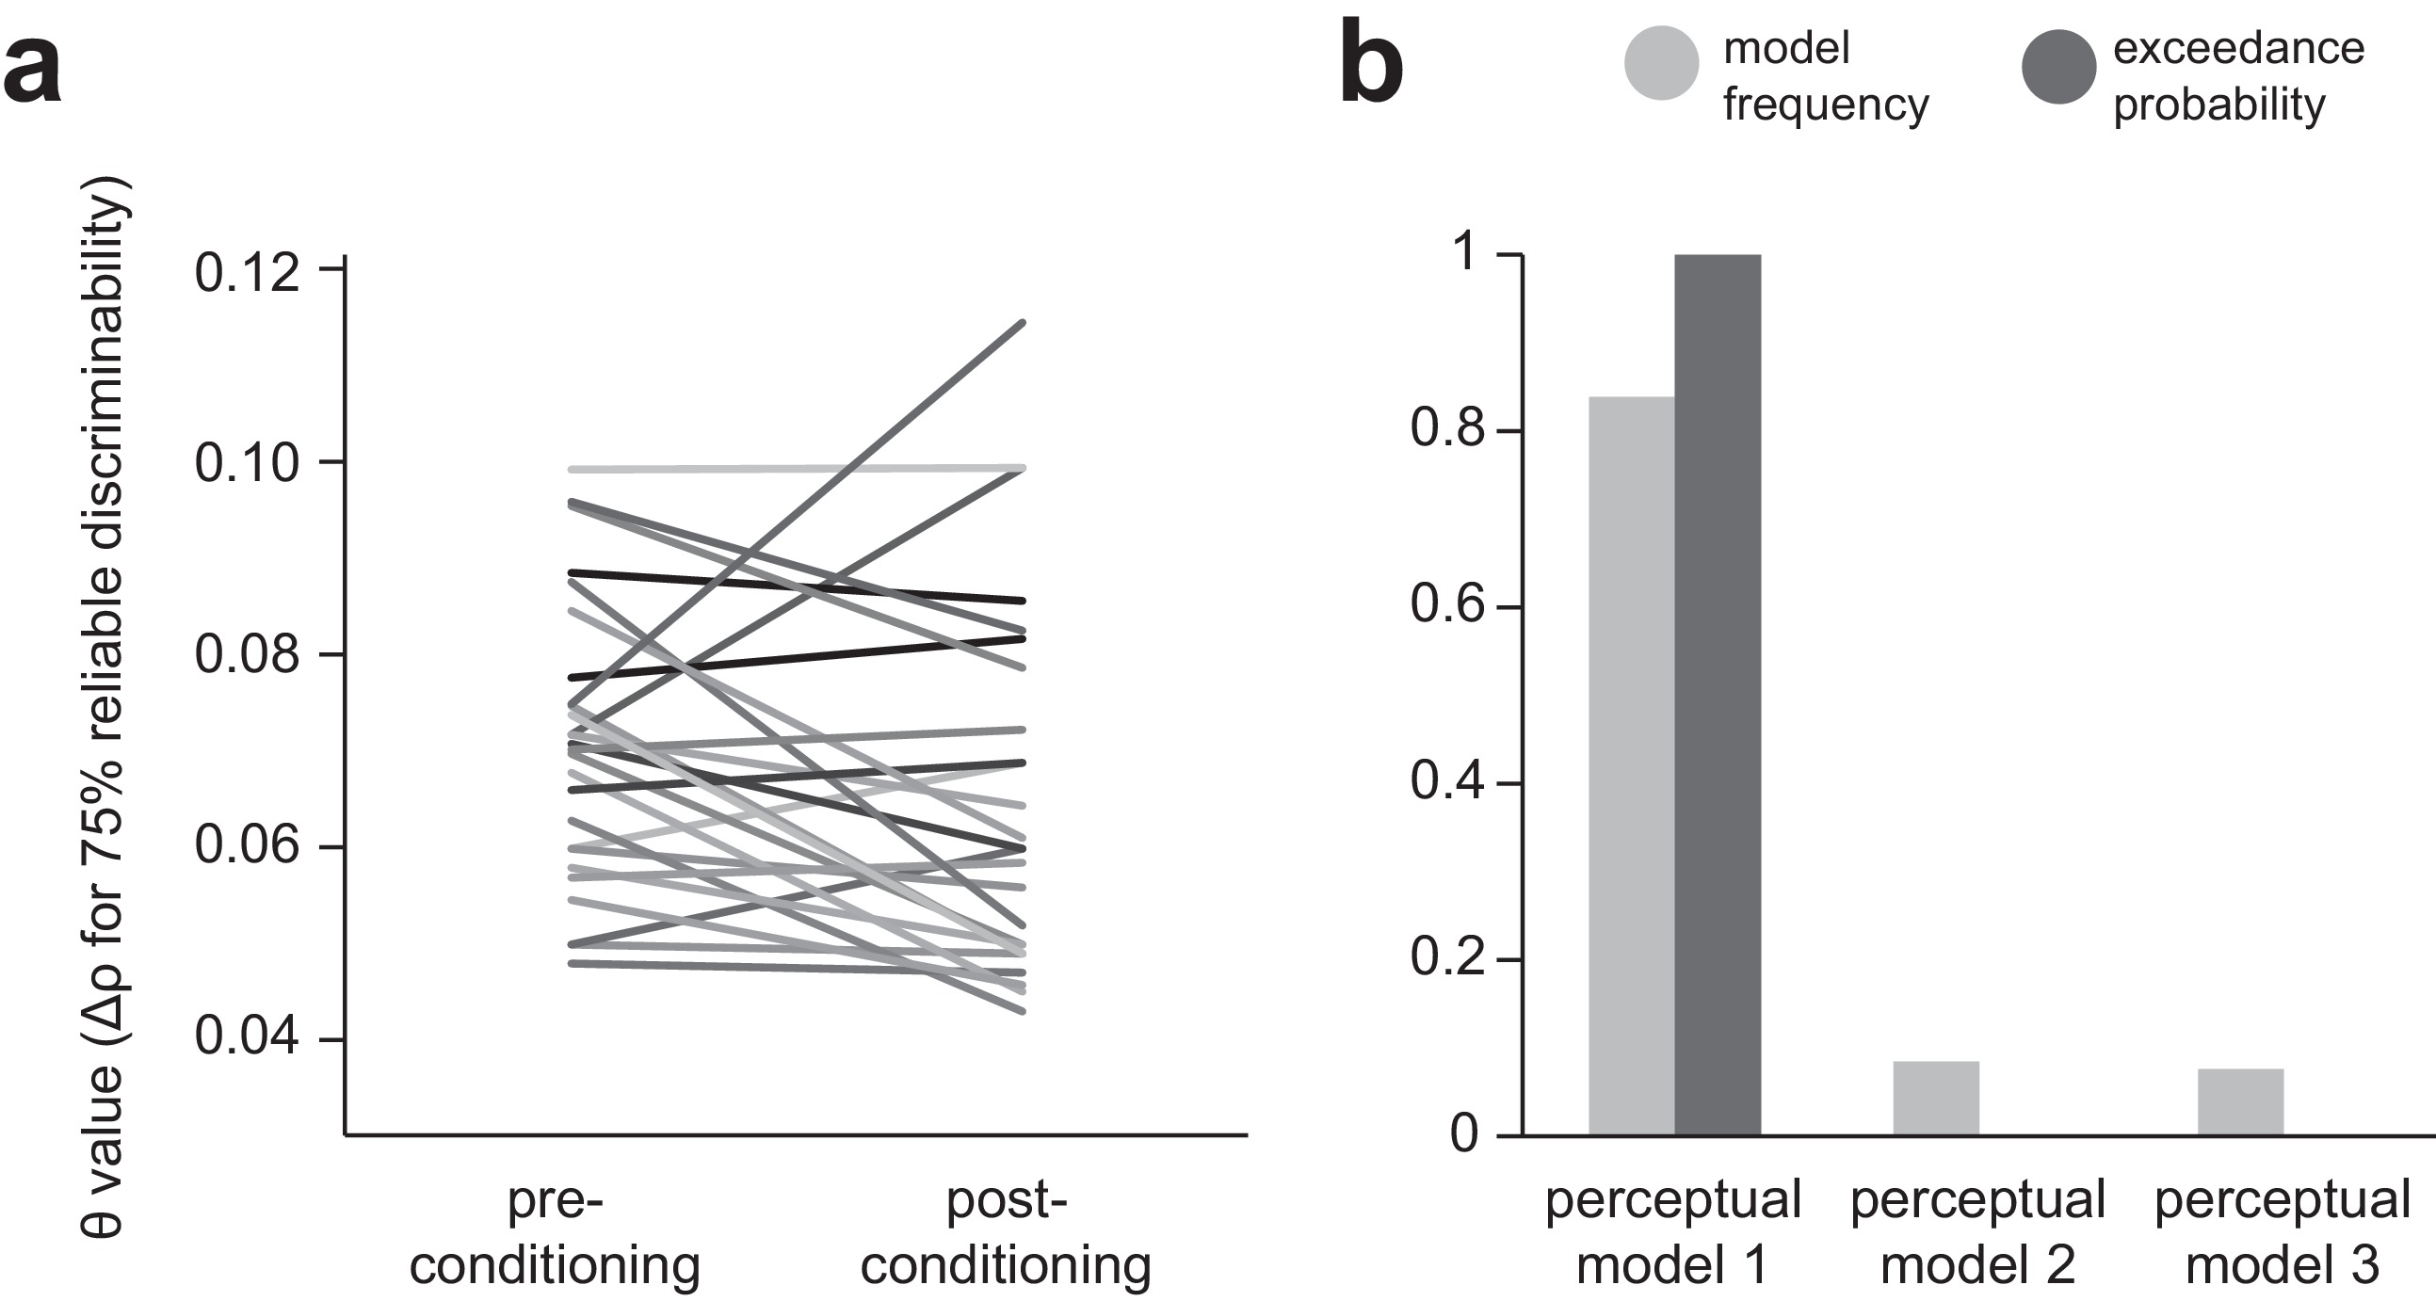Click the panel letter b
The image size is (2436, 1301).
pyautogui.click(x=1371, y=68)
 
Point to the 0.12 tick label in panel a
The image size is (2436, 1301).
pyautogui.click(x=247, y=272)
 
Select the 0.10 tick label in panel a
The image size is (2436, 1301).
pyautogui.click(x=247, y=464)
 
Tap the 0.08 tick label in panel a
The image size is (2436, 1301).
pyautogui.click(x=247, y=655)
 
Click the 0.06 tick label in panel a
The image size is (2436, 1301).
pyautogui.click(x=247, y=846)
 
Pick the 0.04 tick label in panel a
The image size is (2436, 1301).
pyautogui.click(x=247, y=1037)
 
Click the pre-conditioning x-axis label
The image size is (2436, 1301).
pyautogui.click(x=555, y=1233)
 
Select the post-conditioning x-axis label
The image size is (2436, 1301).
pyautogui.click(x=1006, y=1233)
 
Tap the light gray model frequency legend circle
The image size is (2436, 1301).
pyautogui.click(x=1662, y=63)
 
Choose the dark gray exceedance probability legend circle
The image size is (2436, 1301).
pyautogui.click(x=2058, y=66)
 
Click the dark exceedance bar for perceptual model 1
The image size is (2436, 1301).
pyautogui.click(x=1718, y=695)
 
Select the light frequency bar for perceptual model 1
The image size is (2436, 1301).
pyautogui.click(x=1631, y=766)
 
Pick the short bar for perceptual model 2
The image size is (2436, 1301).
pyautogui.click(x=1936, y=1098)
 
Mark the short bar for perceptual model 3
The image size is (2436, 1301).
pyautogui.click(x=2240, y=1101)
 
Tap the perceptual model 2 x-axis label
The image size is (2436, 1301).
pyautogui.click(x=1977, y=1233)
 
